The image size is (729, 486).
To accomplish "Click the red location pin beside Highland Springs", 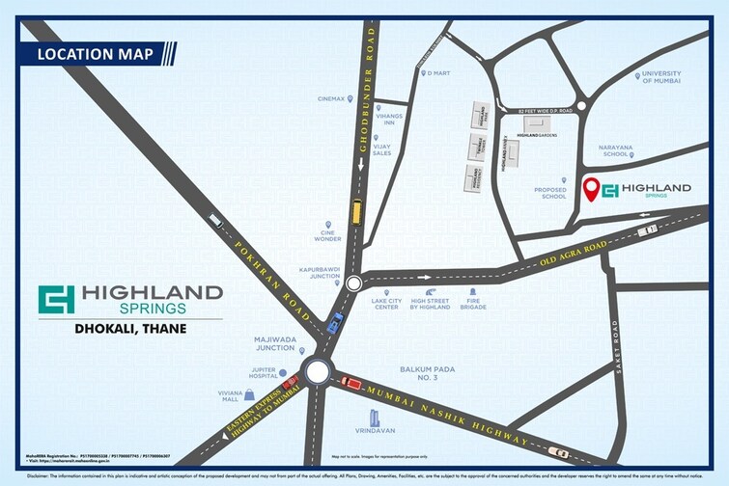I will click(591, 189).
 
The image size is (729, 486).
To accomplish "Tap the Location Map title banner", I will click(96, 54).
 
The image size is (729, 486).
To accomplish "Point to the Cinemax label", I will click(331, 98).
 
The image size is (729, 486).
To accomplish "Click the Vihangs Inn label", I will click(388, 119).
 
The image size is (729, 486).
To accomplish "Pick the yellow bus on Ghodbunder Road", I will click(356, 210).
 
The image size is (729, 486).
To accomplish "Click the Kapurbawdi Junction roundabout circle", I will click(353, 283).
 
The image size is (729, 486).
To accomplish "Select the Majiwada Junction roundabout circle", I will click(317, 371).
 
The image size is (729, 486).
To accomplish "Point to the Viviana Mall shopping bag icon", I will click(251, 393).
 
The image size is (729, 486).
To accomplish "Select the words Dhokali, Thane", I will click(130, 328).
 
